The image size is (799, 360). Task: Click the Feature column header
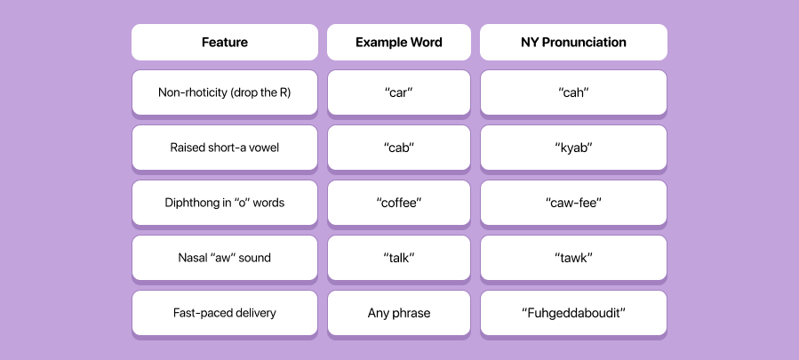tap(224, 42)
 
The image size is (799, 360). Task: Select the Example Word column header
tap(398, 42)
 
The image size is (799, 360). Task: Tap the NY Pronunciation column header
tap(573, 42)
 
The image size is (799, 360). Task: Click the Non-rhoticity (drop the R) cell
tap(224, 92)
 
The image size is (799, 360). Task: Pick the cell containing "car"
tap(398, 92)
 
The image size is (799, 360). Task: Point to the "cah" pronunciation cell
tap(573, 92)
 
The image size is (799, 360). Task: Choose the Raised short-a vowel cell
tap(224, 148)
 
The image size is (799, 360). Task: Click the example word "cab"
tap(398, 148)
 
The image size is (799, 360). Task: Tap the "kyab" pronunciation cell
tap(573, 148)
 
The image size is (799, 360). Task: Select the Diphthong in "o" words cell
tap(224, 203)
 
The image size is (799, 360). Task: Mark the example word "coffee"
tap(398, 203)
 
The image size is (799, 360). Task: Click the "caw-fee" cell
tap(573, 203)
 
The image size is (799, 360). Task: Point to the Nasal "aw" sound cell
tap(224, 258)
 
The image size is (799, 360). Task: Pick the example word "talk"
tap(398, 258)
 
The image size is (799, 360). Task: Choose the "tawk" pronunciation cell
tap(573, 258)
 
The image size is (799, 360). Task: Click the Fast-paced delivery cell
tap(224, 313)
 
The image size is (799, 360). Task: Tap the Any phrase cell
tap(398, 313)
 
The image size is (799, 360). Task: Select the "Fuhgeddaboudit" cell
tap(573, 313)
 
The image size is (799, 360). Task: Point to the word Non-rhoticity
tap(188, 92)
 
